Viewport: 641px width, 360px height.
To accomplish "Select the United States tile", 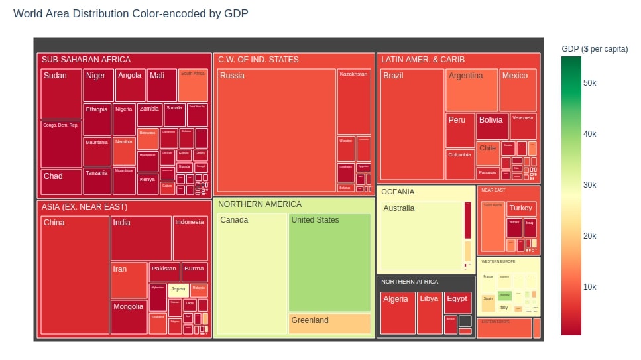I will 329,263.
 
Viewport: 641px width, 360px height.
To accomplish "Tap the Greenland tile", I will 329,324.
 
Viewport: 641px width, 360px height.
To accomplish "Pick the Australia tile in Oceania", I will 421,236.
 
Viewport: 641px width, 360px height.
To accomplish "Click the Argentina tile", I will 471,91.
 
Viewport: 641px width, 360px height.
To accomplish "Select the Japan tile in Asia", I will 178,289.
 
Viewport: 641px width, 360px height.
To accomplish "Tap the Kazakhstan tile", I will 354,101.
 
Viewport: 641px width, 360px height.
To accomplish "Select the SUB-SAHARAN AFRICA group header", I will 86,60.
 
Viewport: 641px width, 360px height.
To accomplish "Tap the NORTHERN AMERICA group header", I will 260,204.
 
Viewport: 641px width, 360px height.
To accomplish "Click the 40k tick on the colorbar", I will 589,134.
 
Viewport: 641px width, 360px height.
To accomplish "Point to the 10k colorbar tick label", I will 589,287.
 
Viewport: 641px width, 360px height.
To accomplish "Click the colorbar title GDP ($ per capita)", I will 595,49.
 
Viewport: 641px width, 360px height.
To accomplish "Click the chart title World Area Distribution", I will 131,13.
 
